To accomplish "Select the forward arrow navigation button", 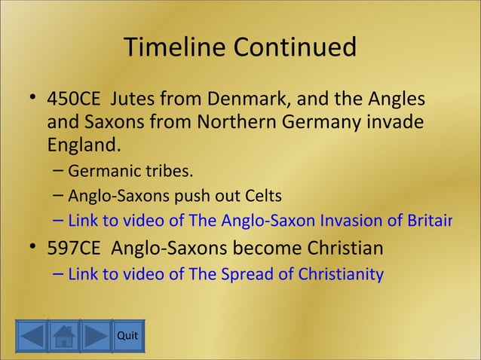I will (x=97, y=337).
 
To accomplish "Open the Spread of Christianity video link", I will (x=225, y=274).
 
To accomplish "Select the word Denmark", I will (x=246, y=100).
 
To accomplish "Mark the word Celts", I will (x=263, y=197).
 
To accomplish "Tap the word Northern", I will (x=234, y=122).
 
